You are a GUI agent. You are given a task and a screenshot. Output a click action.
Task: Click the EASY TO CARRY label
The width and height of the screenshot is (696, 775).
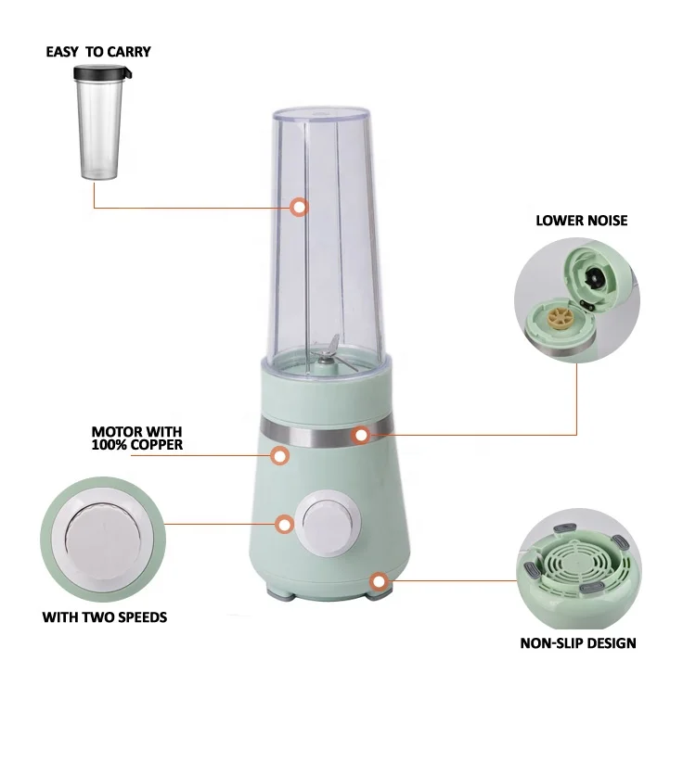(97, 52)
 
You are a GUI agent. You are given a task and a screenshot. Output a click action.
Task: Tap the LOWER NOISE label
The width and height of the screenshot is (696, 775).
(581, 221)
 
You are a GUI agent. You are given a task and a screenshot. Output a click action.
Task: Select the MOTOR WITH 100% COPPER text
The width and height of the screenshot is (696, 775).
(136, 438)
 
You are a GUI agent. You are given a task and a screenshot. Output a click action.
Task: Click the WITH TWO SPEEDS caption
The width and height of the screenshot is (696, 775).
(105, 616)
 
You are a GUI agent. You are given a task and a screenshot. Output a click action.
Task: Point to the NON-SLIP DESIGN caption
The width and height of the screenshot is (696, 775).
(577, 642)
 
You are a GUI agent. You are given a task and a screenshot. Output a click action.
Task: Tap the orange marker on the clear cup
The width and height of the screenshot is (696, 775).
(299, 208)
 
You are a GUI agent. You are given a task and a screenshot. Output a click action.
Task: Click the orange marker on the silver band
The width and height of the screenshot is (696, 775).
(360, 433)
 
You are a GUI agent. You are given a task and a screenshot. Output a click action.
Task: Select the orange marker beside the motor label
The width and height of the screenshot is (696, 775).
(277, 455)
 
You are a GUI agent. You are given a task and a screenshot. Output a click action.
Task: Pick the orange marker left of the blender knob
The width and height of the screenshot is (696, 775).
(285, 524)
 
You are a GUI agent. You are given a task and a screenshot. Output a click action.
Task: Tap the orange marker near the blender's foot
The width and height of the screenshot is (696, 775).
(378, 581)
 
